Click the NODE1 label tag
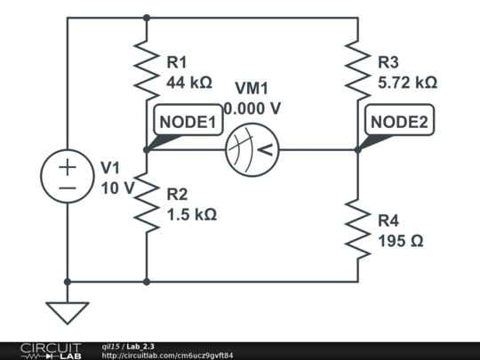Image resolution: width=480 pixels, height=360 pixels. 188,123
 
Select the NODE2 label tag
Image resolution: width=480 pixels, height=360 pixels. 399,123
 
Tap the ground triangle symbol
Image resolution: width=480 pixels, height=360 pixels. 68,313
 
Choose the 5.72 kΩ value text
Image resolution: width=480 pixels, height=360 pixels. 407,83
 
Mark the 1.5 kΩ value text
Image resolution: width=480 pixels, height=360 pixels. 191,214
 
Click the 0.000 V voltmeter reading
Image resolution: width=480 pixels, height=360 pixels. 252,108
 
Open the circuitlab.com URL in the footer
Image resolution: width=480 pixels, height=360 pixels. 168,356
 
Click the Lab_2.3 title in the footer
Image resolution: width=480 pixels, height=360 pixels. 141,346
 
